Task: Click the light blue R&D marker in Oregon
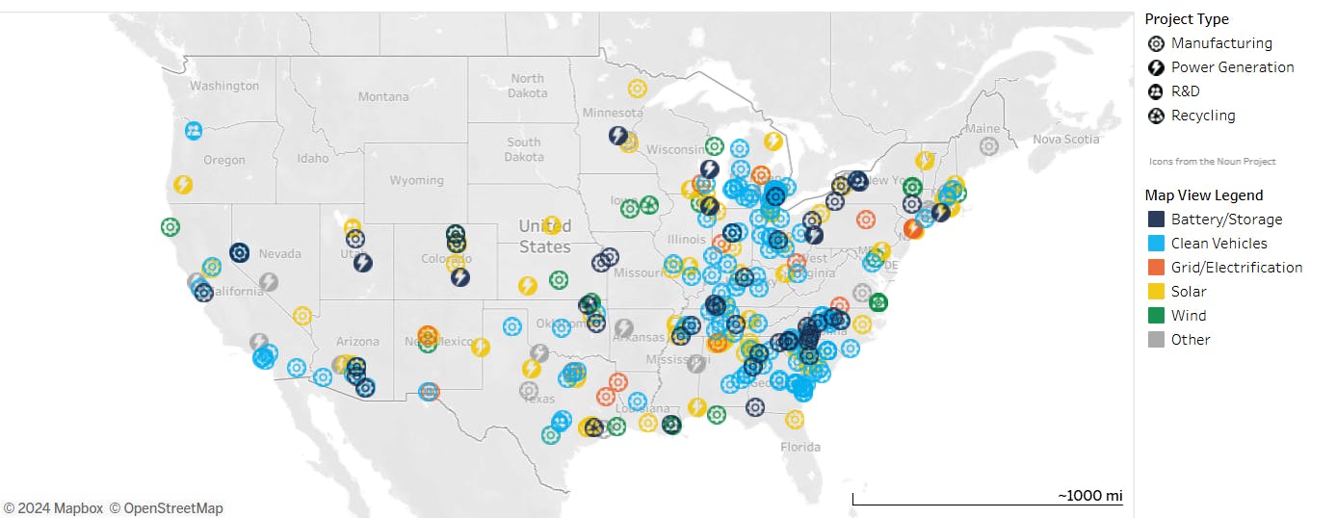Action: click(x=194, y=130)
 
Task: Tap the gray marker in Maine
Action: click(x=988, y=146)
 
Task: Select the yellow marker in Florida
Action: click(x=795, y=419)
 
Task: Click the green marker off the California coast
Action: click(x=170, y=227)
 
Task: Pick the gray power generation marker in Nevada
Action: click(x=269, y=282)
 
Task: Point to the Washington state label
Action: click(x=224, y=86)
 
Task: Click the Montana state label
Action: click(x=383, y=96)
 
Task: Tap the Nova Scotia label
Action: click(x=1066, y=139)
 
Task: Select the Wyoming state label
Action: click(x=416, y=180)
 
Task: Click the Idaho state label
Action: click(x=313, y=158)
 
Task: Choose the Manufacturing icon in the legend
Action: click(x=1156, y=43)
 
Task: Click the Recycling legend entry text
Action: click(x=1203, y=116)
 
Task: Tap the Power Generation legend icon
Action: click(x=1156, y=67)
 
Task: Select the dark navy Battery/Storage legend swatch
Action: click(x=1156, y=220)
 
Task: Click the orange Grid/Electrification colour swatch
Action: click(x=1156, y=268)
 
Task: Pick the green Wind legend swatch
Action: click(x=1156, y=316)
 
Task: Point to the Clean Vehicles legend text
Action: click(x=1218, y=244)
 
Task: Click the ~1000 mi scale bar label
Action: click(x=1090, y=496)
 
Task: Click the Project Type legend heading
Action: click(x=1186, y=19)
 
